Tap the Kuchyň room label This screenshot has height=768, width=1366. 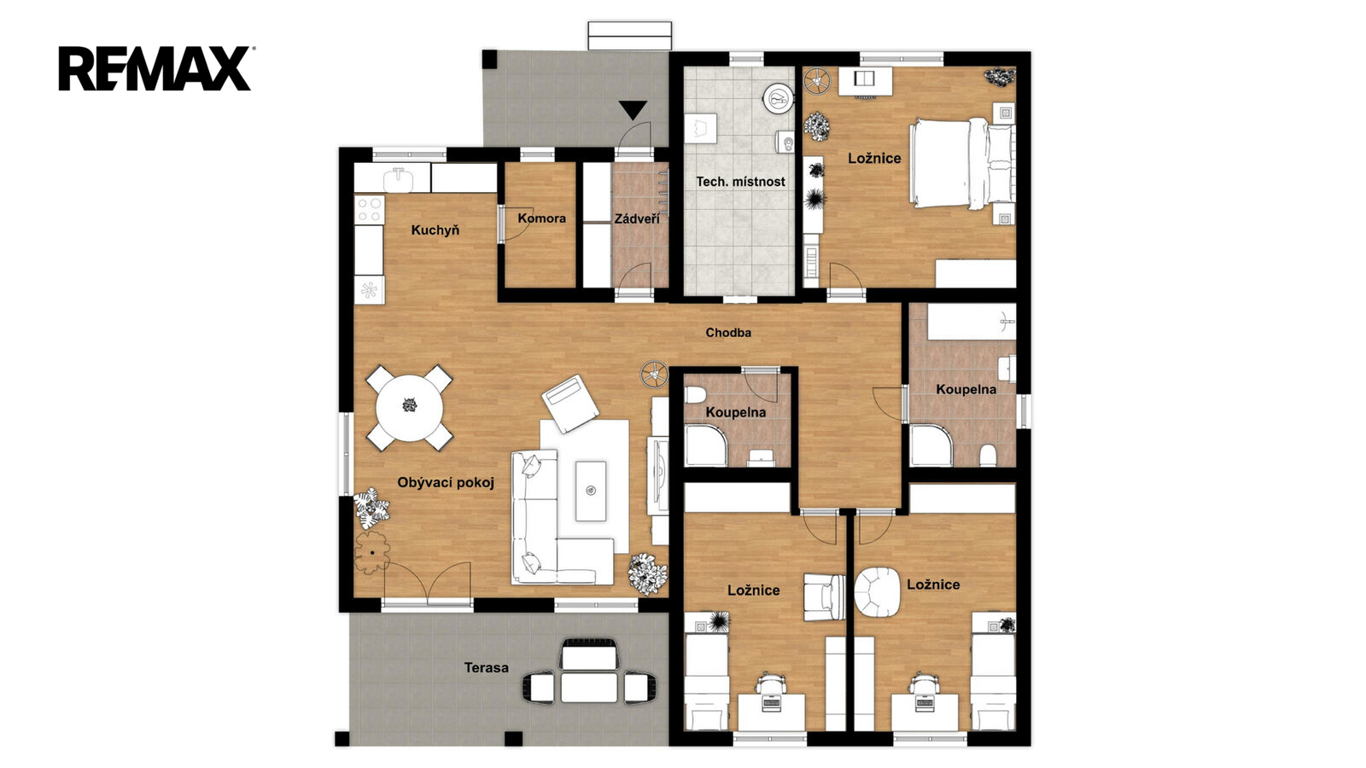(435, 230)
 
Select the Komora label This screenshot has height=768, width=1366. (541, 218)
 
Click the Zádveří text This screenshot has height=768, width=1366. (637, 218)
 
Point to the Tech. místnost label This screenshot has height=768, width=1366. (740, 182)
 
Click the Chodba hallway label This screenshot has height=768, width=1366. (728, 333)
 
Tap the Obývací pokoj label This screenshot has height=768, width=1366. (445, 483)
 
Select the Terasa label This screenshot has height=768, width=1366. (486, 667)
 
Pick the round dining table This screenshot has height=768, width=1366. (409, 408)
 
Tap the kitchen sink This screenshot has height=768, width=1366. (398, 180)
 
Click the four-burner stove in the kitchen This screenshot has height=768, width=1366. (370, 210)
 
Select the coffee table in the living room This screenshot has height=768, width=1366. (590, 491)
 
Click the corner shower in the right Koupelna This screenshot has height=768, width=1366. (931, 445)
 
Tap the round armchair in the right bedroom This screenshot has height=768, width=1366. (877, 590)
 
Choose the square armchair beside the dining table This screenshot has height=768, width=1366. (569, 404)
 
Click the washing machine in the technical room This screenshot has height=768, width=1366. (778, 98)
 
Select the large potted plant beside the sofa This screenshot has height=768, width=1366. (648, 573)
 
